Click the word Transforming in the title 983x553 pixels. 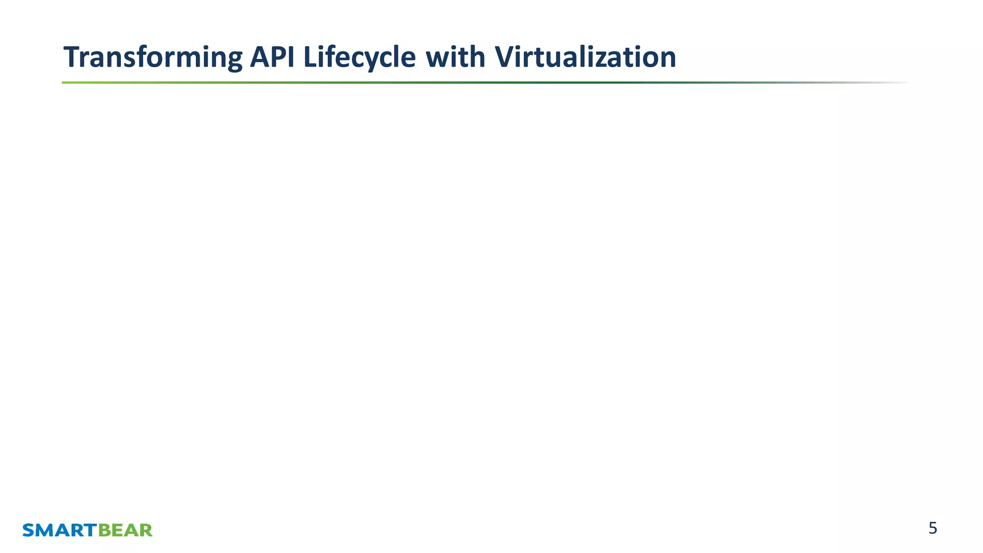pos(153,57)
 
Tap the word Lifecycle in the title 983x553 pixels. pos(360,57)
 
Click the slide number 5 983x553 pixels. pos(933,528)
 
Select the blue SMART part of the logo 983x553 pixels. pos(60,530)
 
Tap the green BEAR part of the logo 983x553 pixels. pos(125,530)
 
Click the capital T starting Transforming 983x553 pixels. pos(72,57)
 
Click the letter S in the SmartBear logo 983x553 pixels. pos(28,530)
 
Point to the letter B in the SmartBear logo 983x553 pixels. pos(104,530)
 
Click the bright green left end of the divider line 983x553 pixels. pos(67,83)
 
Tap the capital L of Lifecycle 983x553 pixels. pos(309,57)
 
